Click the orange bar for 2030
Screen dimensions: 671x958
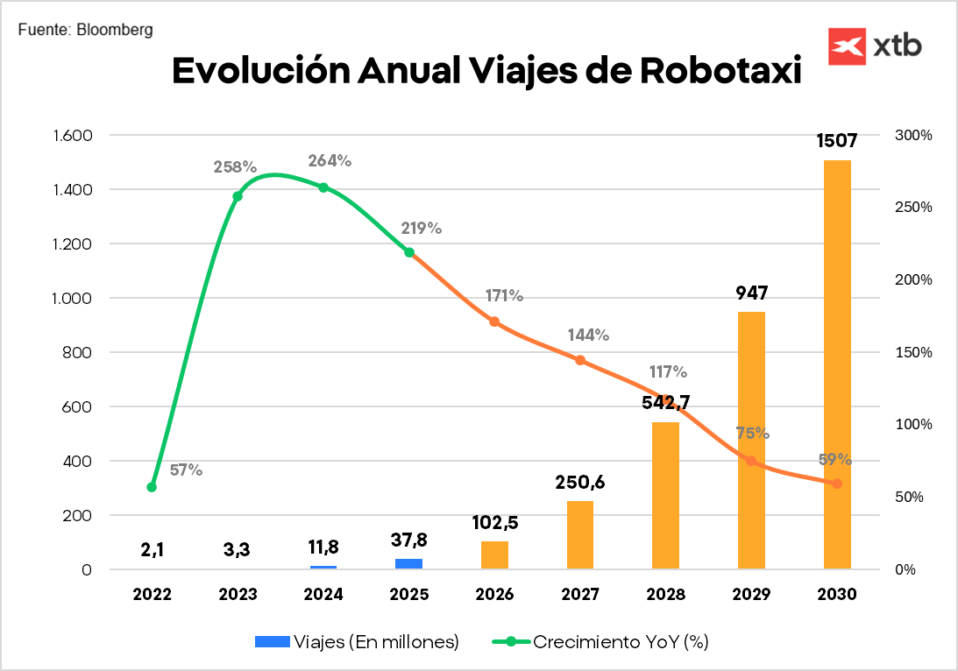pyautogui.click(x=837, y=364)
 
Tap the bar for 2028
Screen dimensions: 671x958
pyautogui.click(x=666, y=496)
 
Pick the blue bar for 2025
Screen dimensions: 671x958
pyautogui.click(x=408, y=563)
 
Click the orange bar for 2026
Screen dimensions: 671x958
pyautogui.click(x=494, y=555)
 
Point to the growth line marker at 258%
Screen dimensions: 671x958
pyautogui.click(x=237, y=196)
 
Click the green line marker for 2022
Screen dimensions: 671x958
pyautogui.click(x=152, y=487)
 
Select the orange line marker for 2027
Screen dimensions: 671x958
pyautogui.click(x=580, y=360)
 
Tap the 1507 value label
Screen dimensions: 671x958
pyautogui.click(x=836, y=141)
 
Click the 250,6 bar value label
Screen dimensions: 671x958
pyautogui.click(x=580, y=482)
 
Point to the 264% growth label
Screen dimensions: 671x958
pyautogui.click(x=330, y=161)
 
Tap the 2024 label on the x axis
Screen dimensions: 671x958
pyautogui.click(x=323, y=595)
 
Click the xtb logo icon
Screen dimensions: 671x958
pyautogui.click(x=847, y=46)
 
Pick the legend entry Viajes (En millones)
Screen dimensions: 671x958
pyautogui.click(x=357, y=642)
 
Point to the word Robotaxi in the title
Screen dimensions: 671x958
pyautogui.click(x=721, y=71)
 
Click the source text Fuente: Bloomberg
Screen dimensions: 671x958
pyautogui.click(x=85, y=30)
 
